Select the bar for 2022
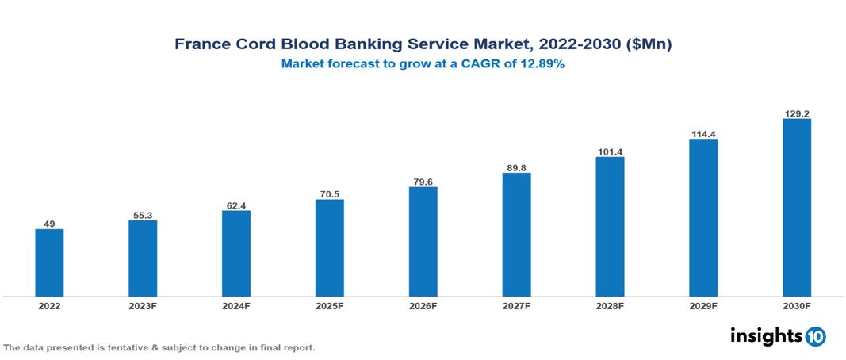tap(49, 262)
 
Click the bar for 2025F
tap(329, 247)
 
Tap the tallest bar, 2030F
tap(796, 208)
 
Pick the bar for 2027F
tap(516, 235)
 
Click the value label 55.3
tap(143, 214)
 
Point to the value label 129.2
tap(796, 113)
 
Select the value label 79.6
tap(423, 181)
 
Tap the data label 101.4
tap(610, 151)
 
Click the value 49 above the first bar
tap(49, 224)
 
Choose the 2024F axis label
tap(236, 305)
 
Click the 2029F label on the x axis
tap(703, 305)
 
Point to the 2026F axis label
tap(423, 305)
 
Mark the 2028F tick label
tap(610, 305)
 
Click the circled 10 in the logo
tap(816, 336)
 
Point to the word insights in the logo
tap(765, 335)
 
